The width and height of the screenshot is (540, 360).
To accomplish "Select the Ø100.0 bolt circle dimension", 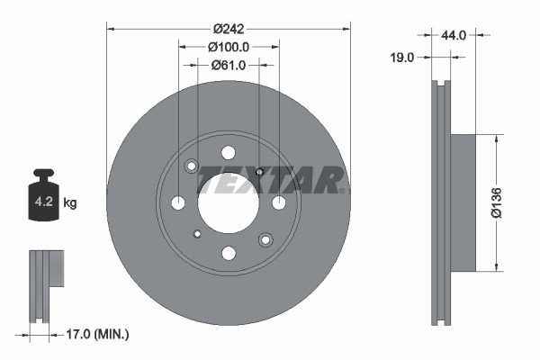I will (229, 46).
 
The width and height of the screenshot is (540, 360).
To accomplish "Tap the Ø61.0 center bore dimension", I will (229, 65).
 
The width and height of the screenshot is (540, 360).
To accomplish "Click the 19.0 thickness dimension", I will (402, 57).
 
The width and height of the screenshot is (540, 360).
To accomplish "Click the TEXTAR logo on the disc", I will (271, 179).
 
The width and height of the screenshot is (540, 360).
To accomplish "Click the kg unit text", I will (70, 203).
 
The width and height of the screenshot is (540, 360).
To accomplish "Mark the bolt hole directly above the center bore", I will (229, 152).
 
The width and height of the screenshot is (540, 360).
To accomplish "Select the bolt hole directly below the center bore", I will (229, 253).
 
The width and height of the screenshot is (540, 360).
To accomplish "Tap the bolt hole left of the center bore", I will (178, 202).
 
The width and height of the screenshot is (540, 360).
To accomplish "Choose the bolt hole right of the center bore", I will (279, 202).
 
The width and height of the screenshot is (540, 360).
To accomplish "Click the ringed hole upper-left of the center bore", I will (192, 166).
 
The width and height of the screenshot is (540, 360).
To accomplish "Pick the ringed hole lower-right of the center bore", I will (265, 239).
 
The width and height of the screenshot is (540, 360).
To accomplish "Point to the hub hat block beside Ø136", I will (462, 202).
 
